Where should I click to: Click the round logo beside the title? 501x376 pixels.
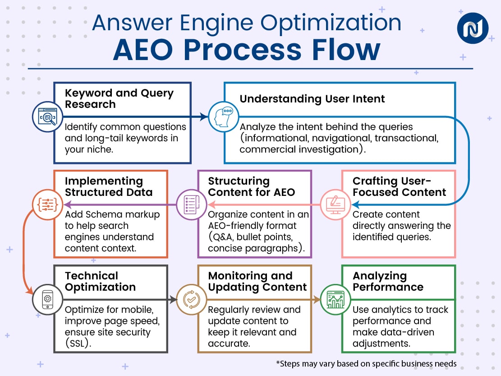point(473,28)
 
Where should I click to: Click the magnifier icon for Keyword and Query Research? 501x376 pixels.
point(47,117)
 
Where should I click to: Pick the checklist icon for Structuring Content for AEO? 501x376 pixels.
point(190,204)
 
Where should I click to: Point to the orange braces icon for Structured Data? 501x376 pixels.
point(47,204)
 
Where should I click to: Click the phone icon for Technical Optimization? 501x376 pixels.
point(47,299)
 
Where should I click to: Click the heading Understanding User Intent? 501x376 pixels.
point(312,99)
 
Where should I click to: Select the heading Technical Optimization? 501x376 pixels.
point(100,281)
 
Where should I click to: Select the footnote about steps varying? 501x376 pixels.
point(366,363)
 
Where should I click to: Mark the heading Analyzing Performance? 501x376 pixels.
point(388,281)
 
